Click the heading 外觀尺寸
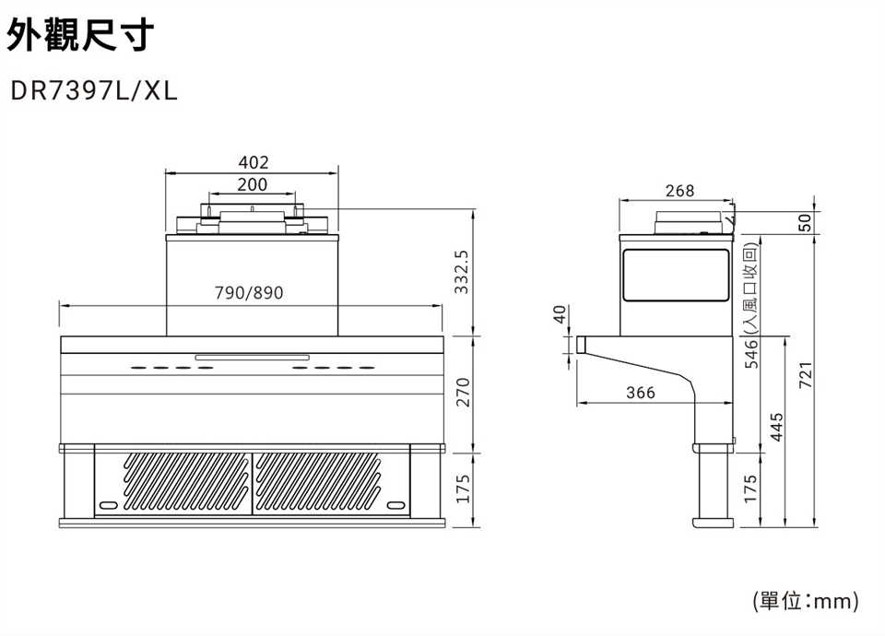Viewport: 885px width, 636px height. (x=79, y=34)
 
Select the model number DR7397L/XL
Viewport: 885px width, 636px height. (x=94, y=90)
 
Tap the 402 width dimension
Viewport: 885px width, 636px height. (x=254, y=162)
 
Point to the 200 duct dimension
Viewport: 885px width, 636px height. (x=253, y=184)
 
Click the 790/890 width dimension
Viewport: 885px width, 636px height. (x=249, y=293)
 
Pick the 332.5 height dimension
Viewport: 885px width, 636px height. (x=462, y=272)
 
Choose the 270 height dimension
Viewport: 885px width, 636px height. (x=462, y=393)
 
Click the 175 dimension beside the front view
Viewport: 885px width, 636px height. (x=462, y=489)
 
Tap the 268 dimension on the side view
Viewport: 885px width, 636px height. (x=679, y=191)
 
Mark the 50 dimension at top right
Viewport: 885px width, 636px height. (x=806, y=222)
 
